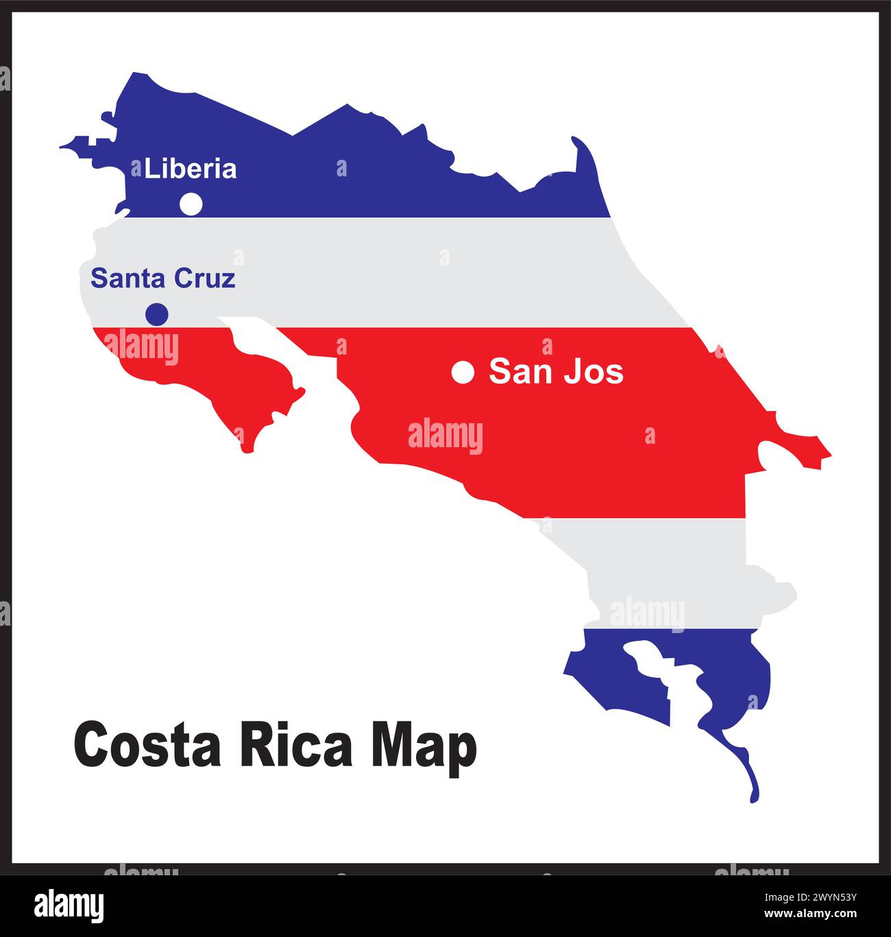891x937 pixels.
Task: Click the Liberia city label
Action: pyautogui.click(x=191, y=169)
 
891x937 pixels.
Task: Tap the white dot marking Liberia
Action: pyautogui.click(x=191, y=204)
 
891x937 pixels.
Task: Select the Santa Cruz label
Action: pyautogui.click(x=163, y=278)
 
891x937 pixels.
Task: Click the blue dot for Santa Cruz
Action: pyautogui.click(x=157, y=314)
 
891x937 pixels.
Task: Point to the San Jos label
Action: pyautogui.click(x=556, y=372)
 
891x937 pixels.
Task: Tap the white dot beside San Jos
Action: pyautogui.click(x=463, y=372)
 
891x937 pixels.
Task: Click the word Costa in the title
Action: pyautogui.click(x=147, y=746)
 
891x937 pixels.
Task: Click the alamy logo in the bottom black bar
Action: pyautogui.click(x=69, y=906)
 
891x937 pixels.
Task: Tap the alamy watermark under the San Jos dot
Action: pyautogui.click(x=445, y=436)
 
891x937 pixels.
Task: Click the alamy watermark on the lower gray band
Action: pyautogui.click(x=647, y=614)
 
